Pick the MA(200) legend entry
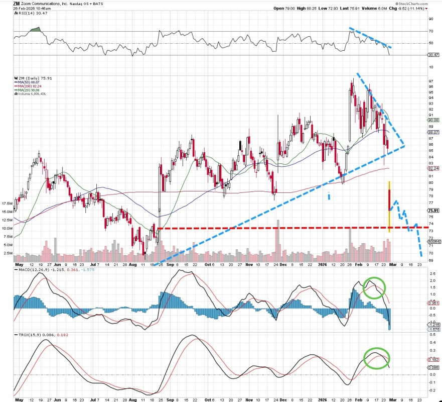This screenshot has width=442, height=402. click(x=27, y=86)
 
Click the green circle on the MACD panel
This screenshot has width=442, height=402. click(x=374, y=287)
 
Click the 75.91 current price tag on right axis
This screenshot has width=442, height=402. click(x=433, y=211)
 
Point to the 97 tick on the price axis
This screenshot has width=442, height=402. click(x=430, y=81)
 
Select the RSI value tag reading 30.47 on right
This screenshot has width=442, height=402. click(x=433, y=55)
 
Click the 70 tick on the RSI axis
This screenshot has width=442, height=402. click(x=430, y=31)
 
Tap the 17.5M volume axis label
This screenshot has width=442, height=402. click(x=7, y=204)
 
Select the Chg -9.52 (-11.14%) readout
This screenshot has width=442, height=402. click(x=409, y=9)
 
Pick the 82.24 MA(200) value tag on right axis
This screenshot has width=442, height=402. click(x=433, y=168)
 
